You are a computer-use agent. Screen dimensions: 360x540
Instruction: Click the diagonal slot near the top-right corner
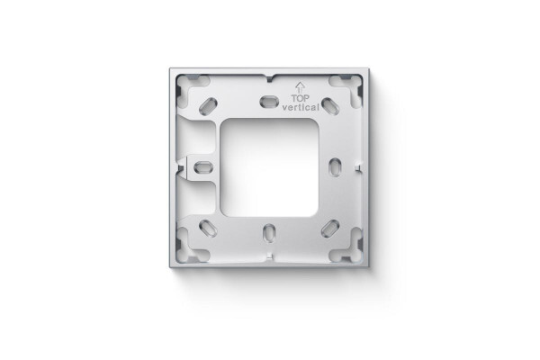pos(330,105)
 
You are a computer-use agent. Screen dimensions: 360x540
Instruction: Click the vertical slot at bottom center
pos(269,233)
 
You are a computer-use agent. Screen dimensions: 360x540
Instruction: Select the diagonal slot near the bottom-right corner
pos(329,228)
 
